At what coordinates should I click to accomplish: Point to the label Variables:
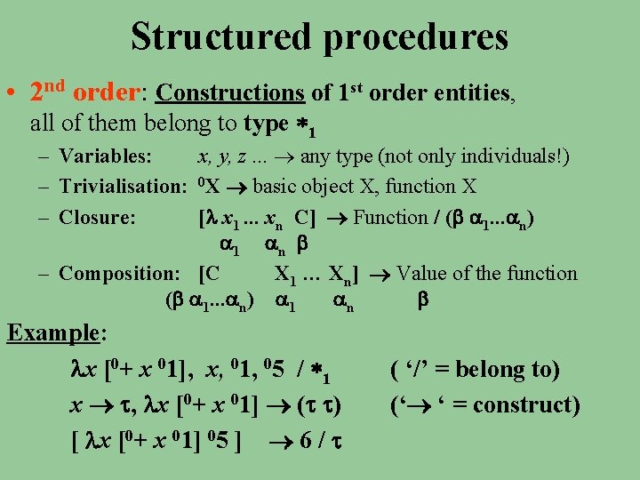click(x=106, y=157)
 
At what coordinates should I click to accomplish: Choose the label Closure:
click(x=97, y=217)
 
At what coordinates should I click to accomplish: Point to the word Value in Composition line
click(x=427, y=273)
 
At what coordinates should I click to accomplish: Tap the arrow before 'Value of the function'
click(x=383, y=274)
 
